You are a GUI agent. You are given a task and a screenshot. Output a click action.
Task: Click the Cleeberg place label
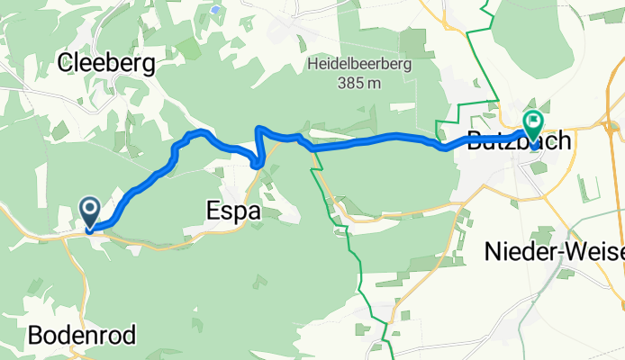point(106,63)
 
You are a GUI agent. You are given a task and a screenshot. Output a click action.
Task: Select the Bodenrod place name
point(83,337)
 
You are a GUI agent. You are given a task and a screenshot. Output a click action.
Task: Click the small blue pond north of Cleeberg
point(215,10)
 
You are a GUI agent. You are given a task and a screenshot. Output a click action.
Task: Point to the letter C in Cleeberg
point(65,63)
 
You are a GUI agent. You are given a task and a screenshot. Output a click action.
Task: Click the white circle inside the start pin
point(91,208)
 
